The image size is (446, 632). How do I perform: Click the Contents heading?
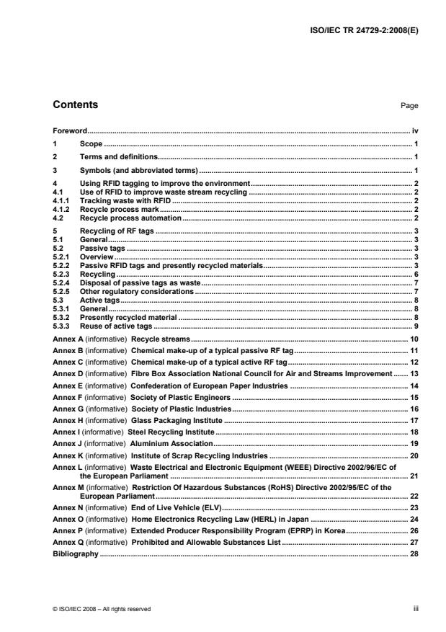coord(76,105)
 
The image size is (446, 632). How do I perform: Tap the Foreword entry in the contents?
coord(71,131)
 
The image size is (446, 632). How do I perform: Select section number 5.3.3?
coord(63,326)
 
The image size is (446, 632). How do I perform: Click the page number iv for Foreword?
coord(415,131)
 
